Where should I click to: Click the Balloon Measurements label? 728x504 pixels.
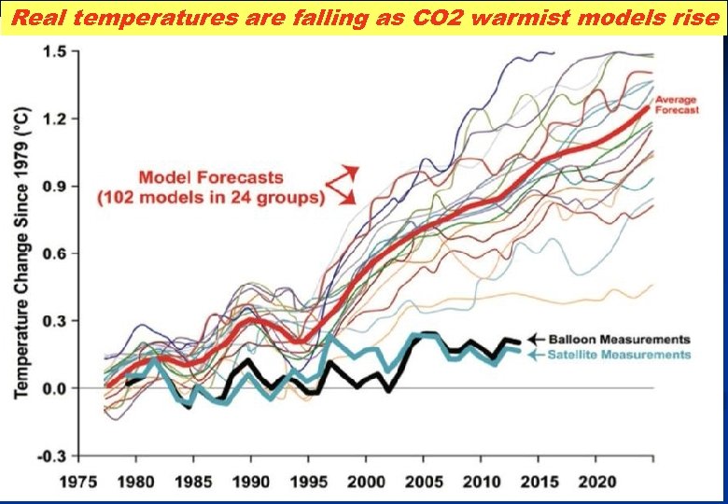pyautogui.click(x=620, y=339)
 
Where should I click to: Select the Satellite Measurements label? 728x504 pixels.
pyautogui.click(x=620, y=355)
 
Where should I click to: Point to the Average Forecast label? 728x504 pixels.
pyautogui.click(x=677, y=104)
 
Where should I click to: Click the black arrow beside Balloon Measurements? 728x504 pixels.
pyautogui.click(x=537, y=339)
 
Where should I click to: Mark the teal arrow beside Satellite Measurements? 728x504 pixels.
pyautogui.click(x=537, y=355)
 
